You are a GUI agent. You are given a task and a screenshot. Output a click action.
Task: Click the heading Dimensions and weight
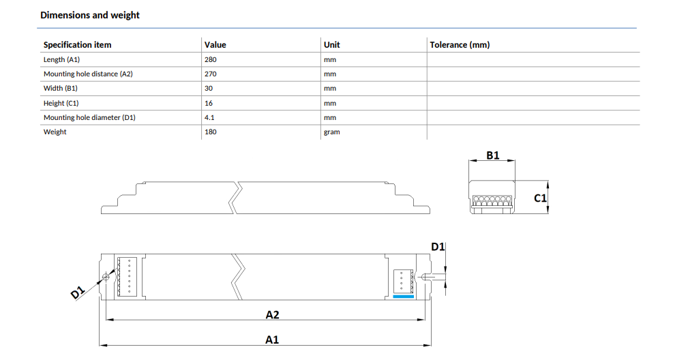click(x=90, y=15)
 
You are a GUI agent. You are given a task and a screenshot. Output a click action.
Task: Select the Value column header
click(x=215, y=44)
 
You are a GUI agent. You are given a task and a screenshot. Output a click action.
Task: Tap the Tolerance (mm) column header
click(x=460, y=44)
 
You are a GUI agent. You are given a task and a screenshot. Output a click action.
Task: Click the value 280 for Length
click(x=210, y=59)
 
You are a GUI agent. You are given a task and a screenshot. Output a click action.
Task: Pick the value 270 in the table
click(x=210, y=74)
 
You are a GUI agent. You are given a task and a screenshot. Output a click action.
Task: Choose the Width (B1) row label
click(x=61, y=89)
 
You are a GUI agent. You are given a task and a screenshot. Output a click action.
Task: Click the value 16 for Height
click(x=209, y=103)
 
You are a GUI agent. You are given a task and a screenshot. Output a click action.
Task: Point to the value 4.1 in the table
click(x=209, y=117)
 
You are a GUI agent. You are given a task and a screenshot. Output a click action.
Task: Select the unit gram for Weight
click(x=332, y=132)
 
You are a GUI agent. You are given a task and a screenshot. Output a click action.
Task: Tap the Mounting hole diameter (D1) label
click(x=89, y=117)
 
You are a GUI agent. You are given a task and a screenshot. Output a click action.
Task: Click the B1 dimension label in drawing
click(x=493, y=155)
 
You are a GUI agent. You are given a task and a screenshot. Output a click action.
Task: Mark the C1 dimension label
click(x=540, y=198)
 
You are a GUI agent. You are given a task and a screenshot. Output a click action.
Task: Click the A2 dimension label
click(x=272, y=314)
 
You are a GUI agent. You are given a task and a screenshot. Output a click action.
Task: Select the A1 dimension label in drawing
click(x=272, y=340)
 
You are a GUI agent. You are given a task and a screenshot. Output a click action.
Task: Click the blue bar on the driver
click(x=404, y=297)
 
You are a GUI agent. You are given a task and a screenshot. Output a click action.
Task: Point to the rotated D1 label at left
click(x=78, y=292)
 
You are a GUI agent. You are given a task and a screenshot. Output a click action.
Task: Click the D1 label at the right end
click(x=437, y=247)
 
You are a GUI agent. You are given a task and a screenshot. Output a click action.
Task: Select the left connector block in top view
click(x=127, y=276)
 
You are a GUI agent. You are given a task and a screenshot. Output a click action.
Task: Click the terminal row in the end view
click(x=492, y=199)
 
